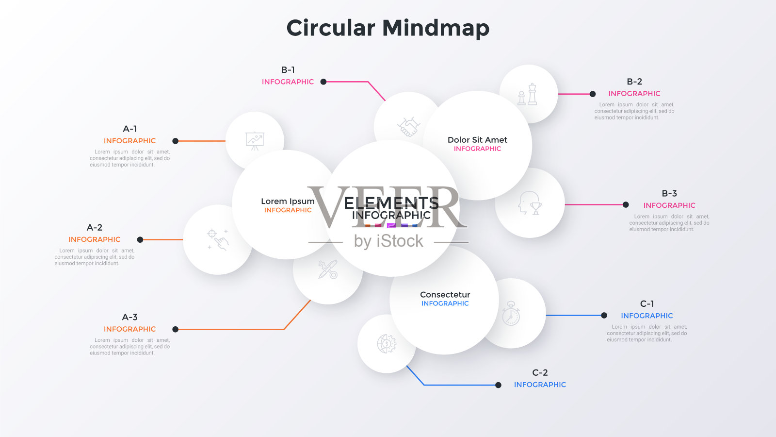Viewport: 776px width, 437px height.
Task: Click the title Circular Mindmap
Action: pyautogui.click(x=388, y=28)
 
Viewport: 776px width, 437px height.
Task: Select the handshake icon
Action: pyautogui.click(x=408, y=126)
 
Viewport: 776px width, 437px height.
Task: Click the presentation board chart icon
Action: pyautogui.click(x=255, y=141)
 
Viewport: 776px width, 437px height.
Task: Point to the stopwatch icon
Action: pyautogui.click(x=511, y=314)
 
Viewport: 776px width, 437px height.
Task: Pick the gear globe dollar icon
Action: pyautogui.click(x=387, y=344)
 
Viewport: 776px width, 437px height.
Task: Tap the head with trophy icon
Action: pyautogui.click(x=530, y=203)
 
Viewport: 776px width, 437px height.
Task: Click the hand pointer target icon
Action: pyautogui.click(x=218, y=239)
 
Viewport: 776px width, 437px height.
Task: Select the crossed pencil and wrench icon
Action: pyautogui.click(x=328, y=269)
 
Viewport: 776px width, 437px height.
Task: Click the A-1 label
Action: pyautogui.click(x=129, y=129)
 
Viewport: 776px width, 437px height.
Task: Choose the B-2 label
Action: pyautogui.click(x=634, y=82)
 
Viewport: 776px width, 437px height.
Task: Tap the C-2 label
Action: pyautogui.click(x=540, y=372)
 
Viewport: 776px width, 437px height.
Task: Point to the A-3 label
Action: pyautogui.click(x=129, y=317)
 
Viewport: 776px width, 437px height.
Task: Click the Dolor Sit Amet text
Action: pyautogui.click(x=477, y=140)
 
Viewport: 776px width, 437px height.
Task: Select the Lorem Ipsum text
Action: pyautogui.click(x=288, y=201)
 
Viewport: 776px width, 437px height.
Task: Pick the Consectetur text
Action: pyautogui.click(x=445, y=295)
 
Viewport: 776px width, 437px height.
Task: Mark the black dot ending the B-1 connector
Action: pyautogui.click(x=323, y=82)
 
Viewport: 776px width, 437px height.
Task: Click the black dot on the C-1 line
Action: pyautogui.click(x=604, y=315)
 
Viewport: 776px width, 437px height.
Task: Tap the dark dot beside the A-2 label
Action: pyautogui.click(x=140, y=239)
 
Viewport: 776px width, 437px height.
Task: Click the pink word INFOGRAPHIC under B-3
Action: pyautogui.click(x=669, y=205)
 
